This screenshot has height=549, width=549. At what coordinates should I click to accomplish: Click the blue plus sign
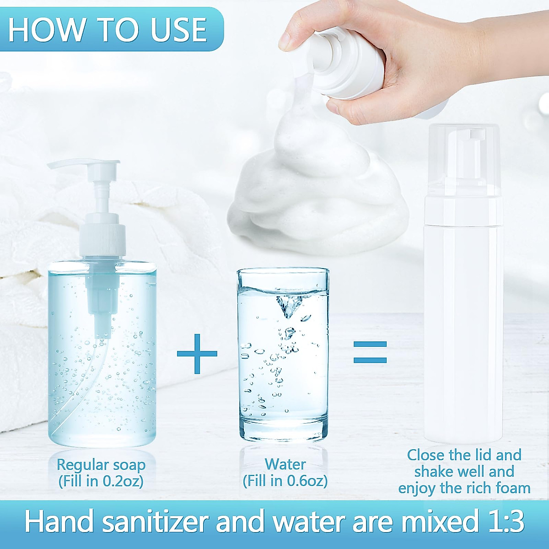pos(197,353)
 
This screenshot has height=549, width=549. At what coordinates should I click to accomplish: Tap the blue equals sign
pos(370,352)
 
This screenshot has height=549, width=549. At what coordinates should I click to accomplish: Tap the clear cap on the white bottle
pos(464,156)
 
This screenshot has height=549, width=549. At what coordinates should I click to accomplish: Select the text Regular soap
pos(101,465)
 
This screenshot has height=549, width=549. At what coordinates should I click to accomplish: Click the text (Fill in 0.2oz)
pos(101,481)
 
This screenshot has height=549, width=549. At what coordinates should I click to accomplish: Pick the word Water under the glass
pos(285,464)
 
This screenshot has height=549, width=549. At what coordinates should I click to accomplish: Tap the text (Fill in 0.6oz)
pos(285,481)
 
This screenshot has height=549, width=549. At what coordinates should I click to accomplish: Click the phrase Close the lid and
pos(464,455)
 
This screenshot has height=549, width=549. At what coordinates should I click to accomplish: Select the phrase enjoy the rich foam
pos(464,488)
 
